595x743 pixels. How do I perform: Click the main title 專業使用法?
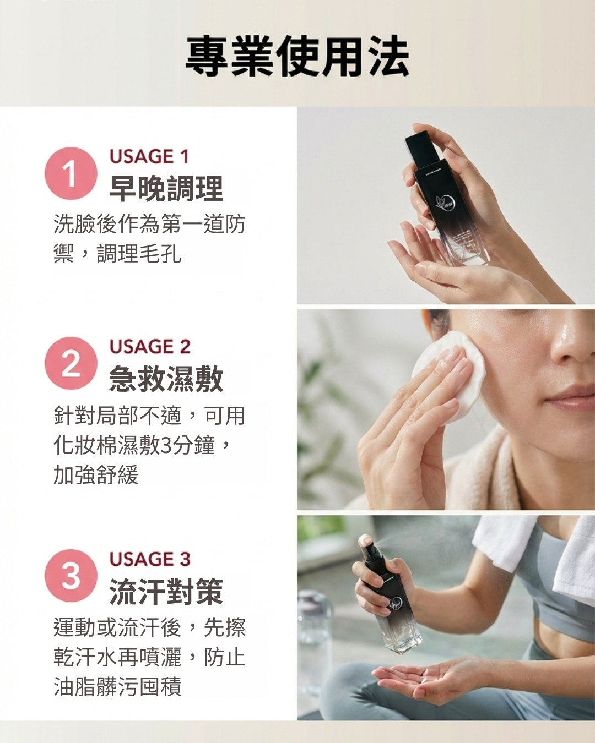297,57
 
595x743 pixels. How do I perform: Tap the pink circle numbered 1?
71,174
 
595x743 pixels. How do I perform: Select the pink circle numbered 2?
71,364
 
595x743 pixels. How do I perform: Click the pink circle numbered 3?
71,576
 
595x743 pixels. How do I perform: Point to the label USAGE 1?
149,156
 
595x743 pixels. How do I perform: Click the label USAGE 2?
150,346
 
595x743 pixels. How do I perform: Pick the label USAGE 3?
150,559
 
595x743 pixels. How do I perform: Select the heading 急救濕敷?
166,379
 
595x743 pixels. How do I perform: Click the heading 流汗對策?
166,591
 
